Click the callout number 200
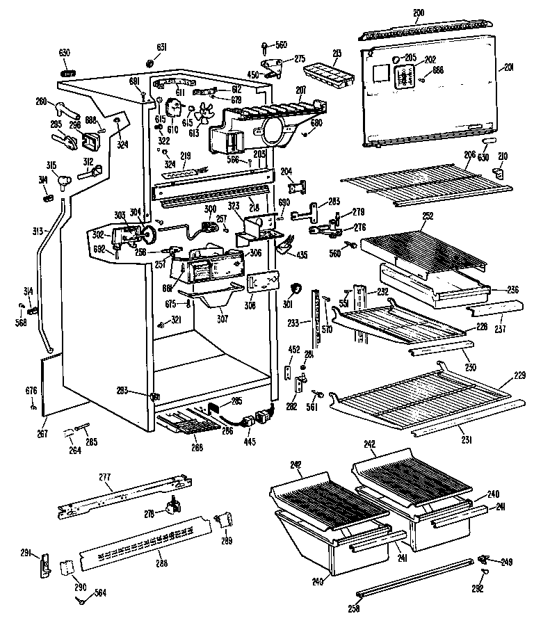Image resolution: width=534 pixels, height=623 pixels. click(419, 13)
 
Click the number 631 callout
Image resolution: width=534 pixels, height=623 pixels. click(161, 47)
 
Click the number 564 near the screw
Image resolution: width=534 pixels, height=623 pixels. click(101, 592)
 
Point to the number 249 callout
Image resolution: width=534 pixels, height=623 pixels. click(507, 561)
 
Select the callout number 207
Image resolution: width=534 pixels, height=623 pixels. click(301, 90)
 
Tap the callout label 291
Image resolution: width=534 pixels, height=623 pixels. click(26, 553)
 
